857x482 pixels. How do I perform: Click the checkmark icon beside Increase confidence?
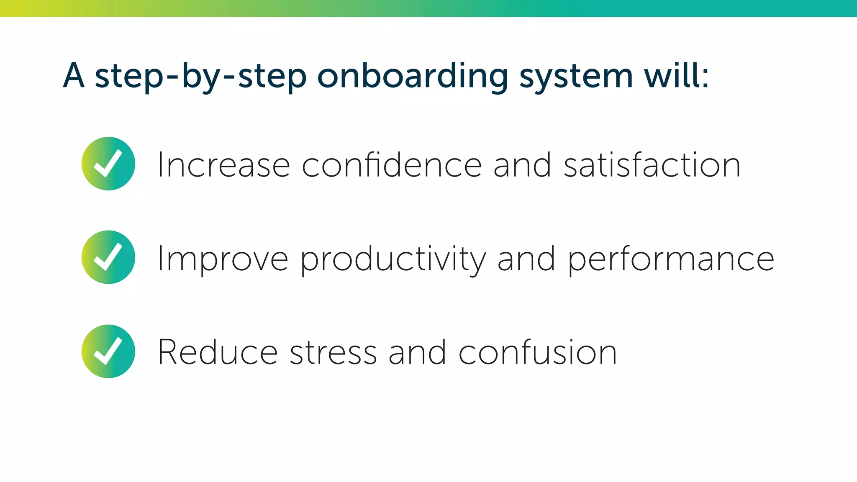click(108, 164)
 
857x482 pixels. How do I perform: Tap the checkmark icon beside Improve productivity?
click(108, 257)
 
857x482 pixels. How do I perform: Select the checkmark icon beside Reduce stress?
click(108, 351)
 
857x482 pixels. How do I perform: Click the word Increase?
click(224, 165)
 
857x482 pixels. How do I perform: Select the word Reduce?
click(218, 352)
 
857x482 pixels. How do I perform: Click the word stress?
click(333, 352)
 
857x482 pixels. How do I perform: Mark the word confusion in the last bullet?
click(538, 352)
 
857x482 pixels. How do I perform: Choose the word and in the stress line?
click(417, 352)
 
